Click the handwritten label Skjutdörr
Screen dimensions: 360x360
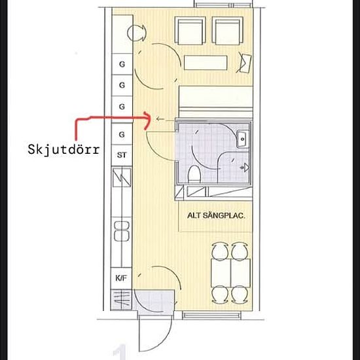[x=63, y=150]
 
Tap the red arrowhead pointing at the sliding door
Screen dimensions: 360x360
[x=148, y=120]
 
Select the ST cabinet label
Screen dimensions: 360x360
[x=122, y=155]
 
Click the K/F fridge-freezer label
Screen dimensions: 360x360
[x=121, y=278]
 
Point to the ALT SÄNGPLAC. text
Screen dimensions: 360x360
[x=216, y=215]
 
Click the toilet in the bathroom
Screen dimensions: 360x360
[x=194, y=174]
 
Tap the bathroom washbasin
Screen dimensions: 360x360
[x=243, y=139]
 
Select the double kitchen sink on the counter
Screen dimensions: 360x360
[x=122, y=231]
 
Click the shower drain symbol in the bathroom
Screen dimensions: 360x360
[x=245, y=168]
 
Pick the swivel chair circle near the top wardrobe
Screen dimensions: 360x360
[x=136, y=33]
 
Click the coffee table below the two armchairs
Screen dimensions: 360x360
[x=206, y=63]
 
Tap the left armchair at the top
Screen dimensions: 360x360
[x=190, y=31]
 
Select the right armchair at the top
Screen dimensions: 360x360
[x=228, y=31]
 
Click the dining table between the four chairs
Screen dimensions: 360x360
[x=230, y=273]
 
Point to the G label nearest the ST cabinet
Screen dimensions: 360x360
[x=122, y=134]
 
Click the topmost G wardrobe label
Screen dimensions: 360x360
[x=122, y=64]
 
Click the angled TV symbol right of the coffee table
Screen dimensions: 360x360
[x=244, y=62]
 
